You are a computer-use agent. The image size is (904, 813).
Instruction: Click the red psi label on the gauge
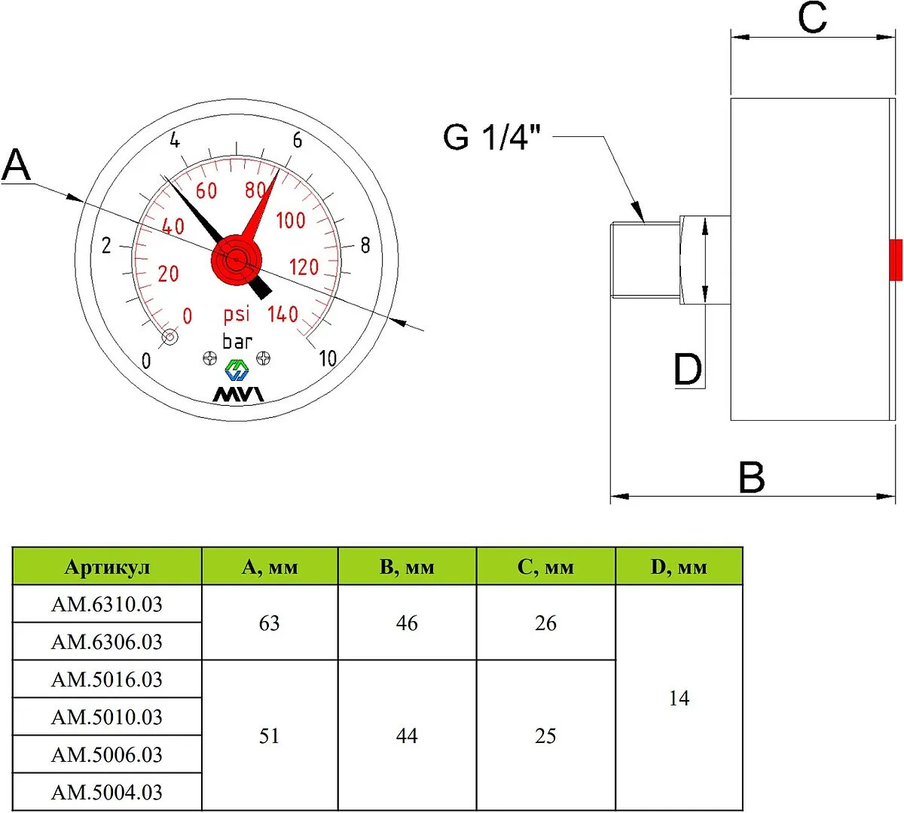pyautogui.click(x=237, y=314)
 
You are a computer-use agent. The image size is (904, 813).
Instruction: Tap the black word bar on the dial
pyautogui.click(x=237, y=341)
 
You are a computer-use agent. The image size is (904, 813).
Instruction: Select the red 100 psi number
pyautogui.click(x=291, y=221)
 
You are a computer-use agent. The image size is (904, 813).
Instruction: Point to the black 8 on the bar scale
pyautogui.click(x=365, y=245)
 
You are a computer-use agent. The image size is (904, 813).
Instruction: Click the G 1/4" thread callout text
pyautogui.click(x=492, y=137)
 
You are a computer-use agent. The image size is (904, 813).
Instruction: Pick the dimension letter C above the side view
pyautogui.click(x=813, y=17)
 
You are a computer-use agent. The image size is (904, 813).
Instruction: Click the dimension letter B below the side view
pyautogui.click(x=752, y=477)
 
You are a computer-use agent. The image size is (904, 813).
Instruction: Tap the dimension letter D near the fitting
pyautogui.click(x=688, y=370)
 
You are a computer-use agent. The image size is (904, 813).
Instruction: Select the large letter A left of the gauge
pyautogui.click(x=17, y=165)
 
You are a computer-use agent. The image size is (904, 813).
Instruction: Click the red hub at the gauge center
pyautogui.click(x=236, y=260)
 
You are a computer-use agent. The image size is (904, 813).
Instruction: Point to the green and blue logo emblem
pyautogui.click(x=237, y=370)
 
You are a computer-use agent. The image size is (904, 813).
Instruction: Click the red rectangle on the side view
pyautogui.click(x=896, y=260)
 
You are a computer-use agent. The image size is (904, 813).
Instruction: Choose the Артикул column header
pyautogui.click(x=107, y=567)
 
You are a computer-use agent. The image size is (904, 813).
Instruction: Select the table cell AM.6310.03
pyautogui.click(x=107, y=604)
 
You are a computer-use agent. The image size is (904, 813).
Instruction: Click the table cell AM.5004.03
pyautogui.click(x=107, y=792)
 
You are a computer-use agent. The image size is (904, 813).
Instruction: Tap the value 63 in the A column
pyautogui.click(x=270, y=623)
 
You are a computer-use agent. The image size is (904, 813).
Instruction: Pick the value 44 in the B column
pyautogui.click(x=407, y=736)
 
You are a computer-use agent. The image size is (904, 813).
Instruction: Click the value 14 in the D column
pyautogui.click(x=679, y=699)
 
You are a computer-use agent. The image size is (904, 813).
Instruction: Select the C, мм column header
pyautogui.click(x=545, y=567)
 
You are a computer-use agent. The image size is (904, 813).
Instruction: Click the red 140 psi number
pyautogui.click(x=283, y=315)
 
